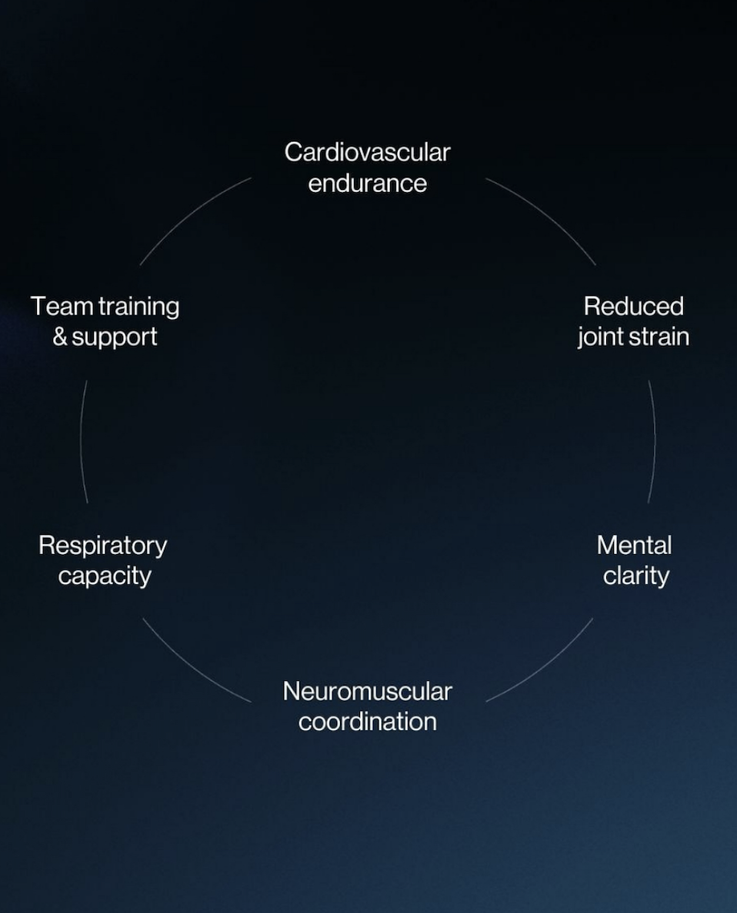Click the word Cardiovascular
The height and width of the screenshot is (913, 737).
coord(367,152)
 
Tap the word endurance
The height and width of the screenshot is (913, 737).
coord(367,184)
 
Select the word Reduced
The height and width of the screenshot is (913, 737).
coord(633,306)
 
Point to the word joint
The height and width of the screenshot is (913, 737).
coord(601,337)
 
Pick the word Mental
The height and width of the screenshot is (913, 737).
coord(634,546)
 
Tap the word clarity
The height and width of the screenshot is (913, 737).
coord(635,576)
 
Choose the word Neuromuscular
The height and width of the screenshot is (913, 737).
coord(367,692)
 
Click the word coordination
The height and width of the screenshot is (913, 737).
coord(367,722)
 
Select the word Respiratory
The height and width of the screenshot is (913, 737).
coord(102,546)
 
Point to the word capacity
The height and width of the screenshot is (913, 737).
coord(105,576)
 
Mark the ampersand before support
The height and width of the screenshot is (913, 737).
coord(60,337)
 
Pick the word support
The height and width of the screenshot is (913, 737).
coord(115,337)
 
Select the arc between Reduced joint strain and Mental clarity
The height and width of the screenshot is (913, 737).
coord(654,441)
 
